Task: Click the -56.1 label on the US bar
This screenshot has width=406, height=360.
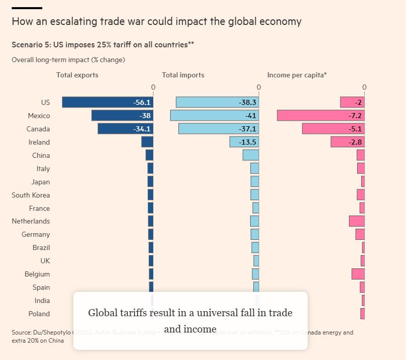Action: pos(141,102)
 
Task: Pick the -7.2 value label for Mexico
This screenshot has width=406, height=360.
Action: pos(356,116)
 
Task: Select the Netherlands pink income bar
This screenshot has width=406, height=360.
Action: pos(357,221)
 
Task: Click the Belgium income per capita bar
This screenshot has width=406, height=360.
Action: pos(358,274)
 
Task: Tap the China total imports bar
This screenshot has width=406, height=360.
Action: pos(251,155)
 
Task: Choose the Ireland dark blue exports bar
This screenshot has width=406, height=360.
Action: pos(147,142)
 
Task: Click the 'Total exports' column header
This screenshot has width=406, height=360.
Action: pos(77,75)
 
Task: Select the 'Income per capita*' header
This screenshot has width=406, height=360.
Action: pos(297,75)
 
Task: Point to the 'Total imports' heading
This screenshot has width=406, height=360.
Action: pos(183,75)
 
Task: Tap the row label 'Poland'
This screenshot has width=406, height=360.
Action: pos(39,314)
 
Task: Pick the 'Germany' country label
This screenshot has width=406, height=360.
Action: pos(36,234)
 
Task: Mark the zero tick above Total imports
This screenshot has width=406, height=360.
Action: pos(259,88)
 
